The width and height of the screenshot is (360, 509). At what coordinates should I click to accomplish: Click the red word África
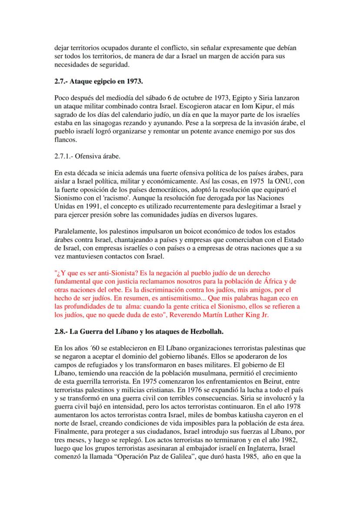click(274, 281)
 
